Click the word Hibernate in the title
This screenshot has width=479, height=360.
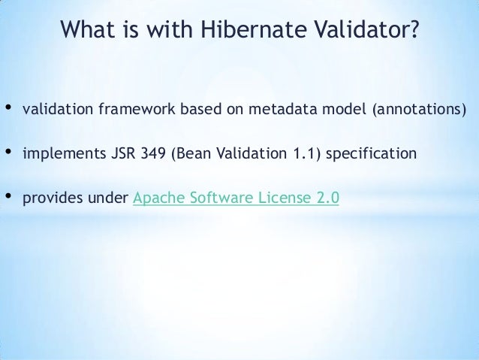(x=239, y=32)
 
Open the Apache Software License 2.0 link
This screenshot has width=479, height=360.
(x=236, y=199)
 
